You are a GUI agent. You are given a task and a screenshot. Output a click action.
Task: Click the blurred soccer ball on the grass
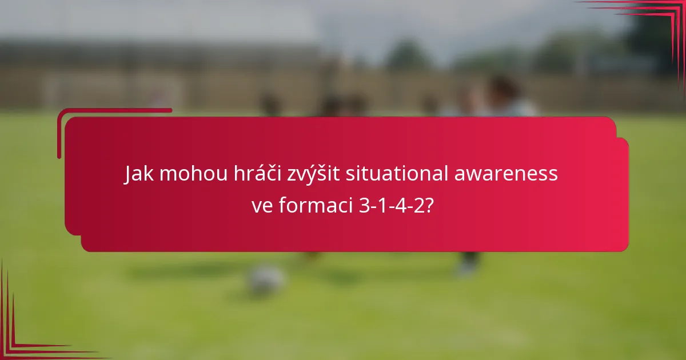(x=266, y=279)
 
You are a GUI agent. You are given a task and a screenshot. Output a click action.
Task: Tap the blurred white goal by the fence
(x=114, y=91)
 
